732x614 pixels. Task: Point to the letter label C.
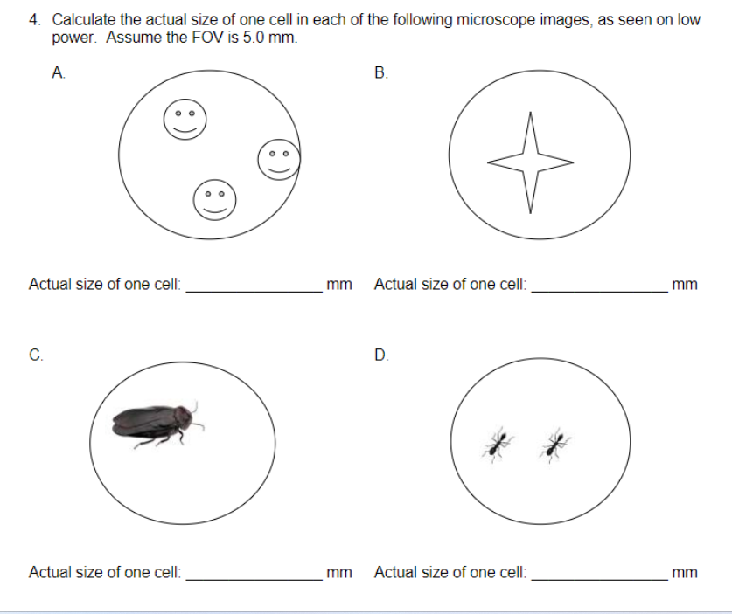(x=35, y=355)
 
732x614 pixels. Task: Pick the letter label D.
(x=380, y=355)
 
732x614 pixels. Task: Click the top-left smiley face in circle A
(x=184, y=119)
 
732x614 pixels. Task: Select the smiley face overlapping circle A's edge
(x=279, y=159)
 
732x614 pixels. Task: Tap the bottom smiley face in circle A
(x=214, y=199)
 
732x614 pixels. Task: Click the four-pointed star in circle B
(x=530, y=162)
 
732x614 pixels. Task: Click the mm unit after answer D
(x=685, y=573)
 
